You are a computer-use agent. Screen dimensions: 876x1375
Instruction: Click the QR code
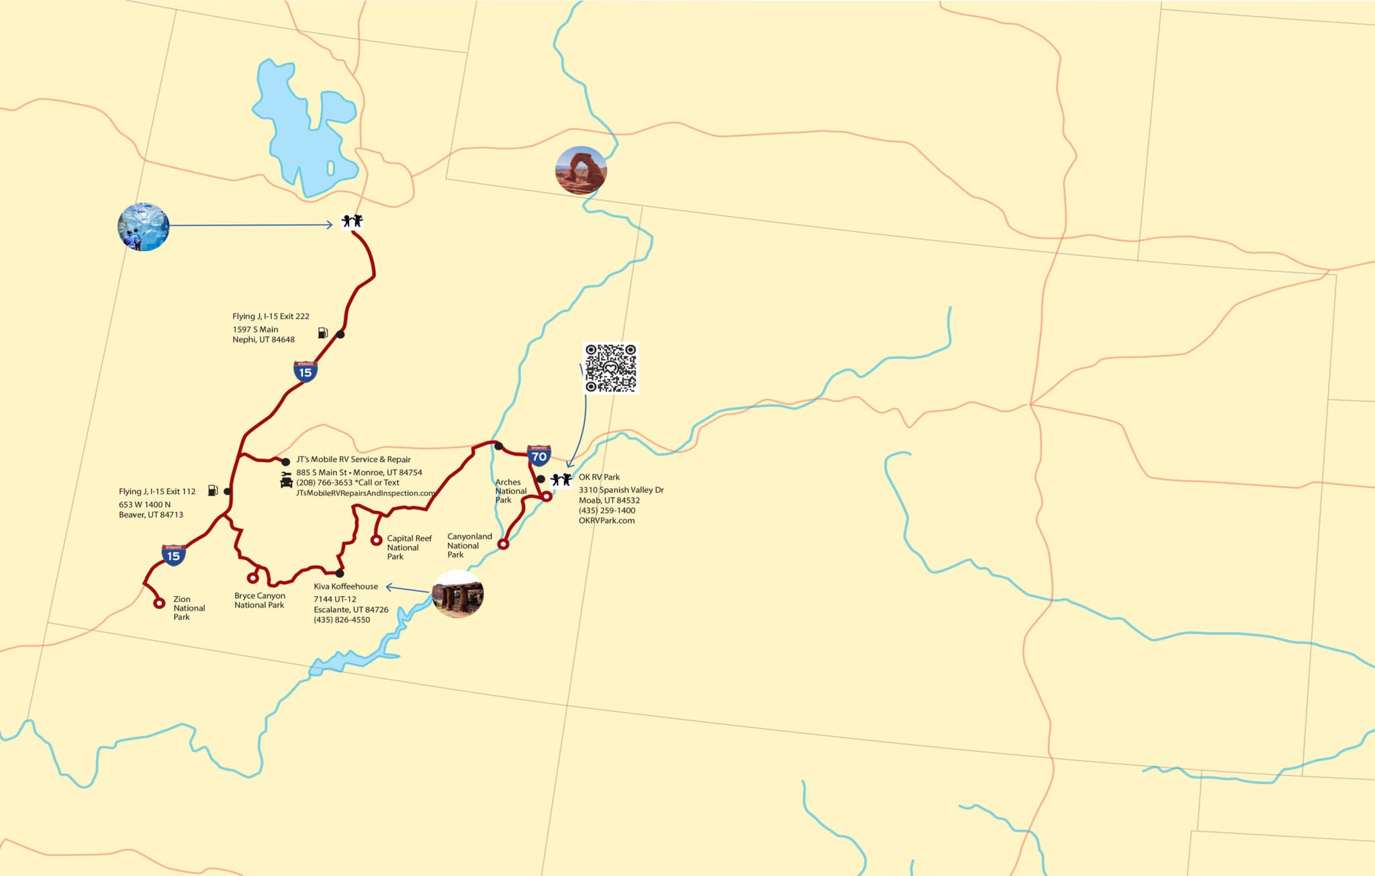610,368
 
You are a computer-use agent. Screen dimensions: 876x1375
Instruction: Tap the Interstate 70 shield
538,456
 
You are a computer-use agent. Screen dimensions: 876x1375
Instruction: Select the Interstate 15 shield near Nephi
305,371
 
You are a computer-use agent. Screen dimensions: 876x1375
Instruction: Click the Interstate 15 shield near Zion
173,555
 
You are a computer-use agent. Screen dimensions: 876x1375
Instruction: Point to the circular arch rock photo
581,171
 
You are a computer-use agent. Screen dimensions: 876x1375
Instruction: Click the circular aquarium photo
143,227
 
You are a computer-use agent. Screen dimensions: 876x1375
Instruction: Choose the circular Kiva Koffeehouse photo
458,594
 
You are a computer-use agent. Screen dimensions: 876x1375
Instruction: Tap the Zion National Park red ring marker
159,603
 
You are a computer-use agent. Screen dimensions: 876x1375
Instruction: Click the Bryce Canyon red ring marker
252,578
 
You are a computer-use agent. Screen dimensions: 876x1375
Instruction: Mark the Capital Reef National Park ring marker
376,540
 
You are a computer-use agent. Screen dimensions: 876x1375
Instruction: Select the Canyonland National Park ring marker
503,544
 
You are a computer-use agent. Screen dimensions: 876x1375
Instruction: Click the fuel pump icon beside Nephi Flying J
323,333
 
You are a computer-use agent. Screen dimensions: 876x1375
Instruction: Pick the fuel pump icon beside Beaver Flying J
213,491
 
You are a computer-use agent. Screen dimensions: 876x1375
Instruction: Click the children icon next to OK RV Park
561,479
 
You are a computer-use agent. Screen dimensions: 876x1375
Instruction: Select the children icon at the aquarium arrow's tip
352,221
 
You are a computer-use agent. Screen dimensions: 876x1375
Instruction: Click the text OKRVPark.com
606,521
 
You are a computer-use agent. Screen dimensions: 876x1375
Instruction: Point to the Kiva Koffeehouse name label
346,587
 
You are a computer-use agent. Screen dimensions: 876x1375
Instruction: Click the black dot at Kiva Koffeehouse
340,573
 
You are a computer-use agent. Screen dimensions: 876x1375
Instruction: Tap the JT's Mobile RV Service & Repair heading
353,460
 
